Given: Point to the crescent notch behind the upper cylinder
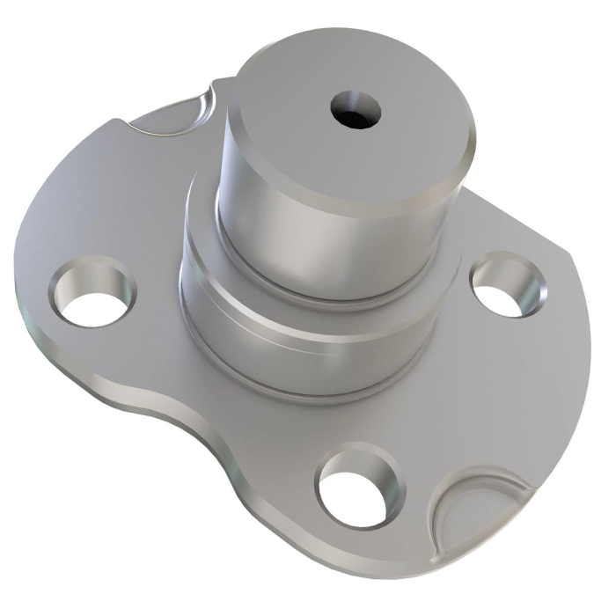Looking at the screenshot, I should [x=187, y=117].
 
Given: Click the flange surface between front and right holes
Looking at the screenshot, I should [x=458, y=396].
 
